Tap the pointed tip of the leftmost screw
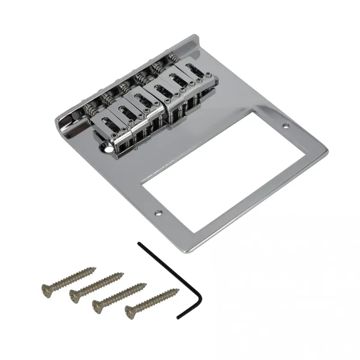[x=95, y=267]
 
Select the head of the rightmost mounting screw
[x=130, y=310]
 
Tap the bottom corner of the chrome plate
[x=183, y=253]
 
